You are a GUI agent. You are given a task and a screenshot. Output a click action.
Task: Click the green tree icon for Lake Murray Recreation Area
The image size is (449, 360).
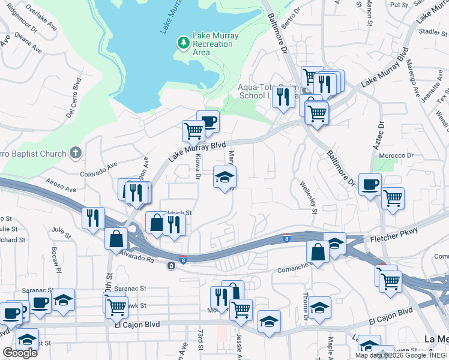(183, 43)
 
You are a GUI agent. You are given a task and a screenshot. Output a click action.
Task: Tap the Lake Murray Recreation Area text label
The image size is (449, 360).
(215, 44)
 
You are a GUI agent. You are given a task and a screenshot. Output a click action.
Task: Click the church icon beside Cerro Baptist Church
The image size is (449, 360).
(75, 153)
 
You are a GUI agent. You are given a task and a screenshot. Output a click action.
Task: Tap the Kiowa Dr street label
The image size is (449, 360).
(197, 166)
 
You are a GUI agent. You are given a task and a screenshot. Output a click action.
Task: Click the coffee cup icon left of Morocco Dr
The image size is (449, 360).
(370, 184)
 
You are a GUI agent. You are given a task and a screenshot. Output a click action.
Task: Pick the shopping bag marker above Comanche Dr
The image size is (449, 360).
(318, 251)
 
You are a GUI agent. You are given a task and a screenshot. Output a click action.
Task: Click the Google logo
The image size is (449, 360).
(20, 353)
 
